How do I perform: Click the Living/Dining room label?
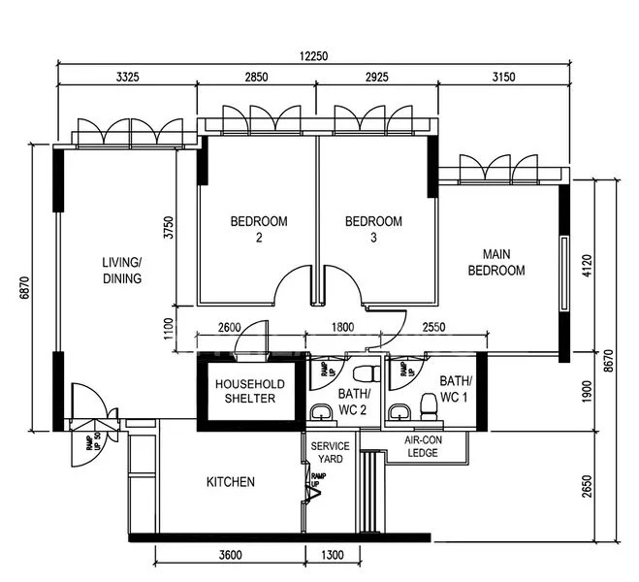click(x=122, y=270)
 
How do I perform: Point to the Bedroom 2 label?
click(x=258, y=229)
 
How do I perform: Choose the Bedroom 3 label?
click(x=373, y=229)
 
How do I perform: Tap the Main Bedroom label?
click(x=495, y=262)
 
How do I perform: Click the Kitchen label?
click(x=231, y=482)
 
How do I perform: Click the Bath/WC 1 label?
click(x=455, y=388)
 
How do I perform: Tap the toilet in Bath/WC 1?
click(x=428, y=404)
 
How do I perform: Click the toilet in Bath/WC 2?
click(x=365, y=373)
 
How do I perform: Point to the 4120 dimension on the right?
click(x=587, y=264)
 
